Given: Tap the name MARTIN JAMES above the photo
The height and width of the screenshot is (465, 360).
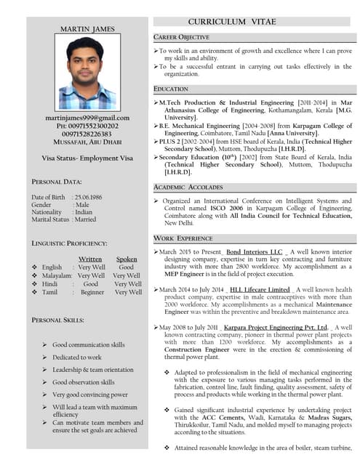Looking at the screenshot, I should (87, 29).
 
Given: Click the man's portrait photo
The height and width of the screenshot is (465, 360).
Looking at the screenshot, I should (87, 72).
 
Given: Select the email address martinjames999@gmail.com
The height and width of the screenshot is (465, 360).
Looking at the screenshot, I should (87, 117).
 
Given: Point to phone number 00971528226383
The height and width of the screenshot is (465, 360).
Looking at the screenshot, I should (87, 134).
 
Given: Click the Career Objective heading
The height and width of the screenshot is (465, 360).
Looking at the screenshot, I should (182, 37).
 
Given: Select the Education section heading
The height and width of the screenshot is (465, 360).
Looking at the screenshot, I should (171, 89).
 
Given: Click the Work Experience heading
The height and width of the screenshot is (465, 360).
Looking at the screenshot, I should (183, 238).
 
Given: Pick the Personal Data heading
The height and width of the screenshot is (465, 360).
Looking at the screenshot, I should (57, 181).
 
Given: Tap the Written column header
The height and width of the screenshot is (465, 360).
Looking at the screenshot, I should (90, 259).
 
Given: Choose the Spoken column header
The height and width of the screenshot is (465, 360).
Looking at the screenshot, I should (127, 259).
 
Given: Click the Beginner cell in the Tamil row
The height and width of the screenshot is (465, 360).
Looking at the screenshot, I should (92, 292).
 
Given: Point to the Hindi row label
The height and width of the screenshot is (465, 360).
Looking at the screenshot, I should (50, 284).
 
